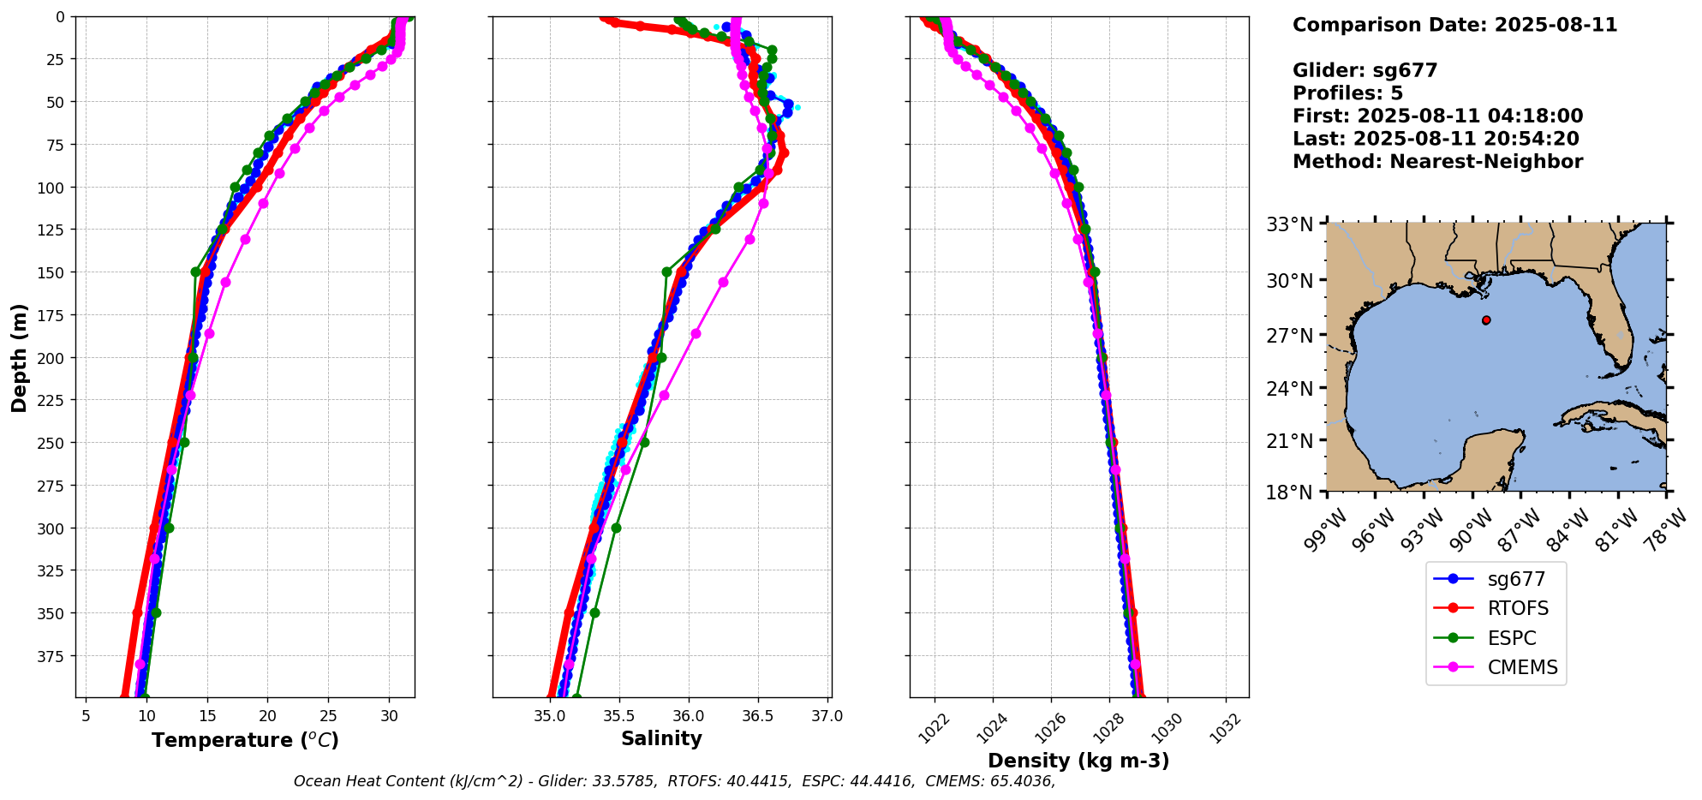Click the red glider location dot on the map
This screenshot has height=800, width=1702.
tap(1486, 320)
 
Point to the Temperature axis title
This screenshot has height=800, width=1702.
tap(245, 740)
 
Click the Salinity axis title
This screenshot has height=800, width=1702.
tap(661, 738)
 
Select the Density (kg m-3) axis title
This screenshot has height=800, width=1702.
tap(1078, 761)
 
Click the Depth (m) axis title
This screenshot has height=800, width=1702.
tap(19, 357)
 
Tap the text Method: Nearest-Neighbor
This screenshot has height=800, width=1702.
tap(1437, 161)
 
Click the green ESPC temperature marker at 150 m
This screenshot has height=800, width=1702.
tap(196, 272)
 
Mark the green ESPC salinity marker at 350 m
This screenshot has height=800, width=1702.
tap(594, 612)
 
